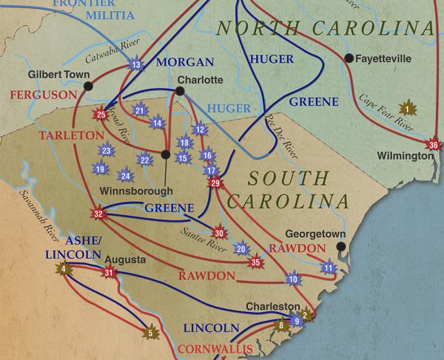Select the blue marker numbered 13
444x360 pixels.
pyautogui.click(x=135, y=66)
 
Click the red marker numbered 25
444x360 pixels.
pyautogui.click(x=101, y=115)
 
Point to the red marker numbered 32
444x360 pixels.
pyautogui.click(x=98, y=214)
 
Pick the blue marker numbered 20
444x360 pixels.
pyautogui.click(x=240, y=248)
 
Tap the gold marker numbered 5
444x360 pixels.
pyautogui.click(x=150, y=333)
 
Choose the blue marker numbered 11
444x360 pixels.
pyautogui.click(x=329, y=267)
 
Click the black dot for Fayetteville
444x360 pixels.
pyautogui.click(x=348, y=57)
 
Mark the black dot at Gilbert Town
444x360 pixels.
pyautogui.click(x=89, y=86)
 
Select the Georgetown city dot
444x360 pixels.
pyautogui.click(x=340, y=247)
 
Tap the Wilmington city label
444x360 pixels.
pyautogui.click(x=405, y=157)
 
